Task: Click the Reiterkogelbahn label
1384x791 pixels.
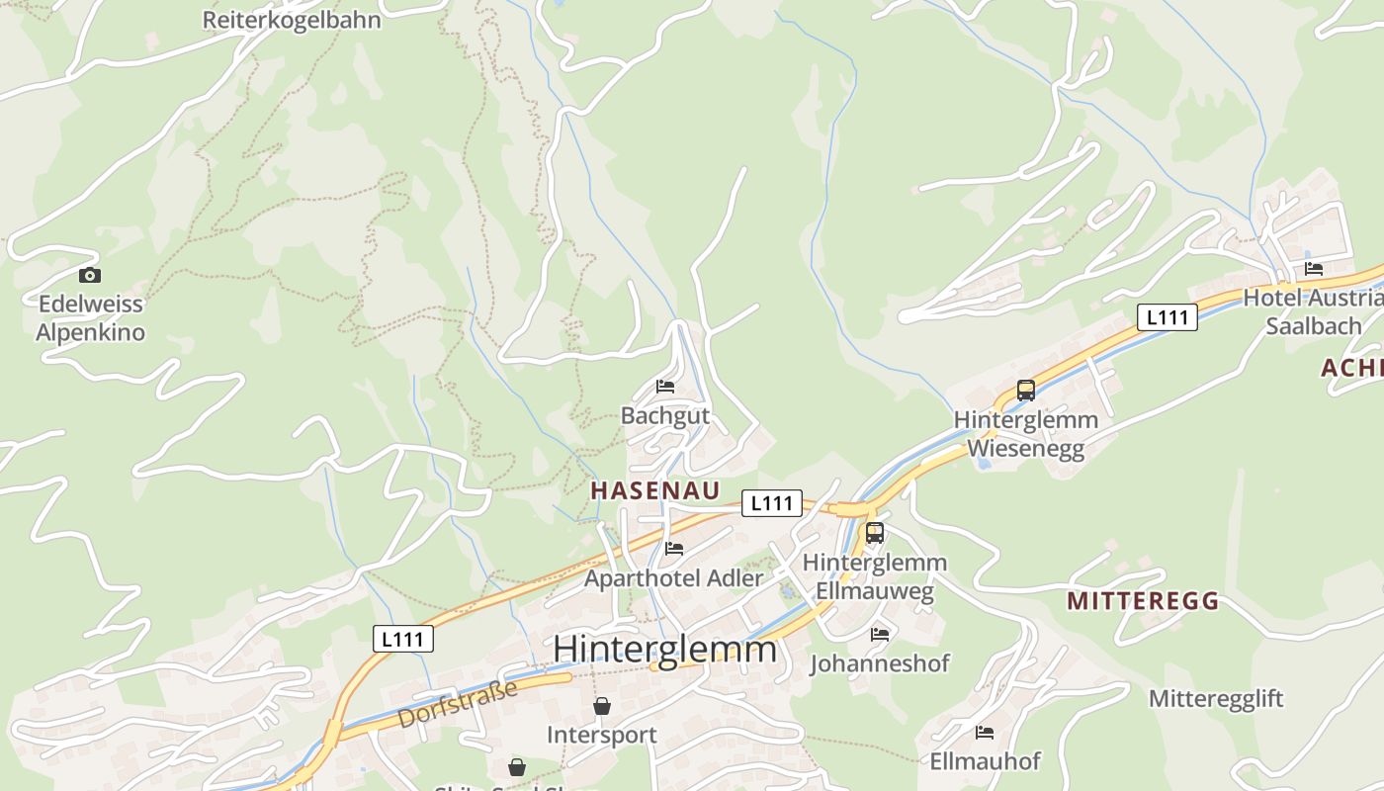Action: tap(292, 20)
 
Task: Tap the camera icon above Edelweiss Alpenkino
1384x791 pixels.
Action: tap(90, 276)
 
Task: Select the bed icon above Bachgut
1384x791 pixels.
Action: tap(665, 387)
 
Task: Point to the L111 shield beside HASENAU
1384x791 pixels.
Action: tap(772, 503)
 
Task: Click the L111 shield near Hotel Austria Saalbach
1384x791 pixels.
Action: tap(1168, 317)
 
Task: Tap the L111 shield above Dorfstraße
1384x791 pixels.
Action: tap(403, 639)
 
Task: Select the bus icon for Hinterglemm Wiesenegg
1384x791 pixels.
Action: tap(1026, 391)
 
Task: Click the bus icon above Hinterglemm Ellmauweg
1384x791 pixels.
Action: tap(874, 534)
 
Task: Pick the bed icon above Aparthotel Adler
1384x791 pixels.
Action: tap(674, 549)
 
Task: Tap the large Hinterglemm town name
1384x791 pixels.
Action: tap(664, 650)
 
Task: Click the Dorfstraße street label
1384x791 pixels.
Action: tap(458, 704)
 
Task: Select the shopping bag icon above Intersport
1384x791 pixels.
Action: tap(602, 706)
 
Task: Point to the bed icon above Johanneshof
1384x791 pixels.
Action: tap(880, 634)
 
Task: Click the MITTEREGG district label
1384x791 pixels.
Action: tap(1143, 601)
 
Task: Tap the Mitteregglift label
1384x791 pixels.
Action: tap(1215, 699)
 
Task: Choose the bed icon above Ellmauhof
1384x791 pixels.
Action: tap(985, 733)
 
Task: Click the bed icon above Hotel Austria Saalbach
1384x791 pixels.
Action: tap(1314, 269)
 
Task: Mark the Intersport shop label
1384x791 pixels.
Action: tap(602, 735)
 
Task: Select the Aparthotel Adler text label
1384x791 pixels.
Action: tap(674, 578)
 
